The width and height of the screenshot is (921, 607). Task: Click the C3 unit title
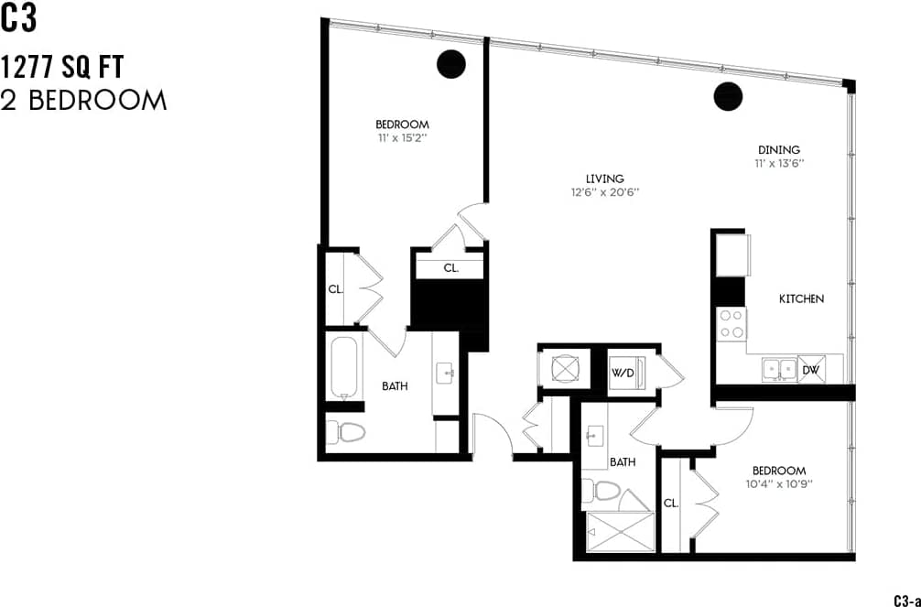19,20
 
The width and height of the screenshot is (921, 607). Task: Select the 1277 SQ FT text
62,67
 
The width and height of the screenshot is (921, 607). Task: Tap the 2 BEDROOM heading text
84,100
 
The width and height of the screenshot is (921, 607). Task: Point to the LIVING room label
604,179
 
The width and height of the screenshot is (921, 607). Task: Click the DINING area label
778,150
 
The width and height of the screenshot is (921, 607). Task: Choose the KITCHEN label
801,298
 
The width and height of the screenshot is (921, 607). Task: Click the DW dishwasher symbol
810,369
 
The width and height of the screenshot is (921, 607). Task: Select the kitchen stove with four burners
731,322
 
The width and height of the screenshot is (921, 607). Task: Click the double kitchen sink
779,369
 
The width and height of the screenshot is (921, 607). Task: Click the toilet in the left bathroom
346,431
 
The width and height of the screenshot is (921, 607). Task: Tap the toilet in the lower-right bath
605,491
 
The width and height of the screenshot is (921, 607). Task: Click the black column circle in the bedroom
450,63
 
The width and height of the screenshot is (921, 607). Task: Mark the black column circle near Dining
728,94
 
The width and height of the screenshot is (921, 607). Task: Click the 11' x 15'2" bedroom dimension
402,138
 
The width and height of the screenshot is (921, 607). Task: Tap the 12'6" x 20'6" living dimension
603,192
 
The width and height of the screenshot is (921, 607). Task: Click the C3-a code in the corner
905,601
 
